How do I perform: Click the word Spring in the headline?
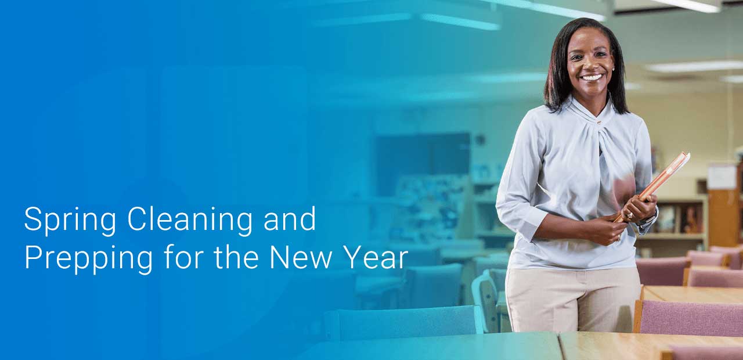(x=70, y=220)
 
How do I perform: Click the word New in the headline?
(x=301, y=257)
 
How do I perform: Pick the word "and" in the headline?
(x=290, y=218)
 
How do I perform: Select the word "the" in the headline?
(x=236, y=257)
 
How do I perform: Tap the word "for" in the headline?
(x=184, y=257)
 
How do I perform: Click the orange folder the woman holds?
(x=652, y=185)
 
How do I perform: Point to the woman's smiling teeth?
(x=592, y=78)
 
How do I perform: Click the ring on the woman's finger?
(x=629, y=215)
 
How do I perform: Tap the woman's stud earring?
(x=613, y=69)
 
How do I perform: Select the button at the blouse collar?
(x=599, y=123)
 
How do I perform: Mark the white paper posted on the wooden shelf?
(x=722, y=177)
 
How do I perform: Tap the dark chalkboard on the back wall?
(x=423, y=164)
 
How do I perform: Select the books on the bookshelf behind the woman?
(x=680, y=219)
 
